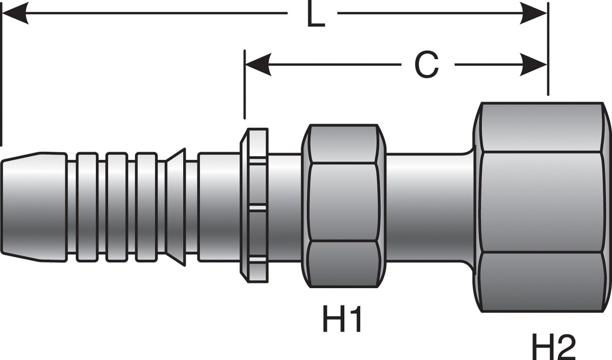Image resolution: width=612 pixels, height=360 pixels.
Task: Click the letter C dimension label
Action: (427, 65)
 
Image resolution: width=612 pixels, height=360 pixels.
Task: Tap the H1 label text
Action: (342, 319)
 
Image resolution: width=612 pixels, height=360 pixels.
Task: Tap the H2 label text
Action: (553, 347)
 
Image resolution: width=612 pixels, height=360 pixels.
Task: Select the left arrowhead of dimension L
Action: (15, 14)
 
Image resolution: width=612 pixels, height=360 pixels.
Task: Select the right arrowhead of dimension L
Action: (534, 14)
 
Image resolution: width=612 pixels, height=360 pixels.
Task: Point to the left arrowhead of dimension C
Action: (258, 65)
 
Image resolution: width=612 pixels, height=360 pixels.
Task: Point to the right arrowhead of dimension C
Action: (534, 65)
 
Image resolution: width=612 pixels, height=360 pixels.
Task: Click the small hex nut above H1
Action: (343, 206)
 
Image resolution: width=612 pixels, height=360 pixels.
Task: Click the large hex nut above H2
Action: (543, 207)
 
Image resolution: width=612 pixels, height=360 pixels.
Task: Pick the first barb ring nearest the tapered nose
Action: (87, 207)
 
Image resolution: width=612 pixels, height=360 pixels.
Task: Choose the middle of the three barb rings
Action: (117, 207)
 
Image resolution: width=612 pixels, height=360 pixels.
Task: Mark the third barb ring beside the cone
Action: (146, 207)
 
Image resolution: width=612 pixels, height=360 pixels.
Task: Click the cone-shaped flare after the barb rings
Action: (176, 207)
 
